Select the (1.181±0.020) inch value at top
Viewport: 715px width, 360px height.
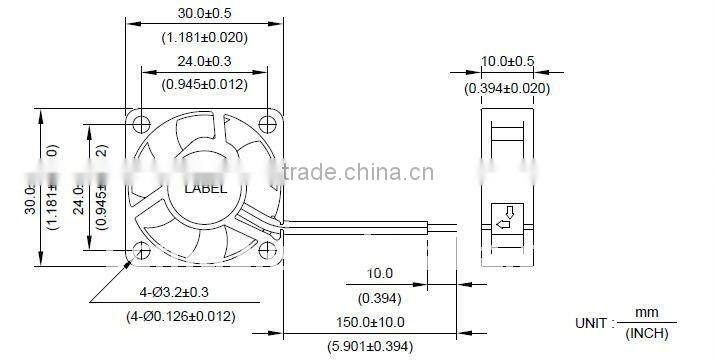click(205, 38)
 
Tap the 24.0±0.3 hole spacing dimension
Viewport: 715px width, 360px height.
click(205, 61)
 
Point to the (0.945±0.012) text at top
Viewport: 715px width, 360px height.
click(205, 84)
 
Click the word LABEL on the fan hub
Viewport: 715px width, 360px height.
click(205, 188)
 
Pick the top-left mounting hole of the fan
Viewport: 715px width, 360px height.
click(142, 125)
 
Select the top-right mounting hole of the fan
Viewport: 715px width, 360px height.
click(267, 125)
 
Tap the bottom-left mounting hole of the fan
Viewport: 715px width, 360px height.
click(142, 250)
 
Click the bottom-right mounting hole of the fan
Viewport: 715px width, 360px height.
click(267, 250)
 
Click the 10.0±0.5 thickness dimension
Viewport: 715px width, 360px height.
click(507, 62)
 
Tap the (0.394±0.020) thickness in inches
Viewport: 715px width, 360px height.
click(507, 88)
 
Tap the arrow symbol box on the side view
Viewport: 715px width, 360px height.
click(507, 216)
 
